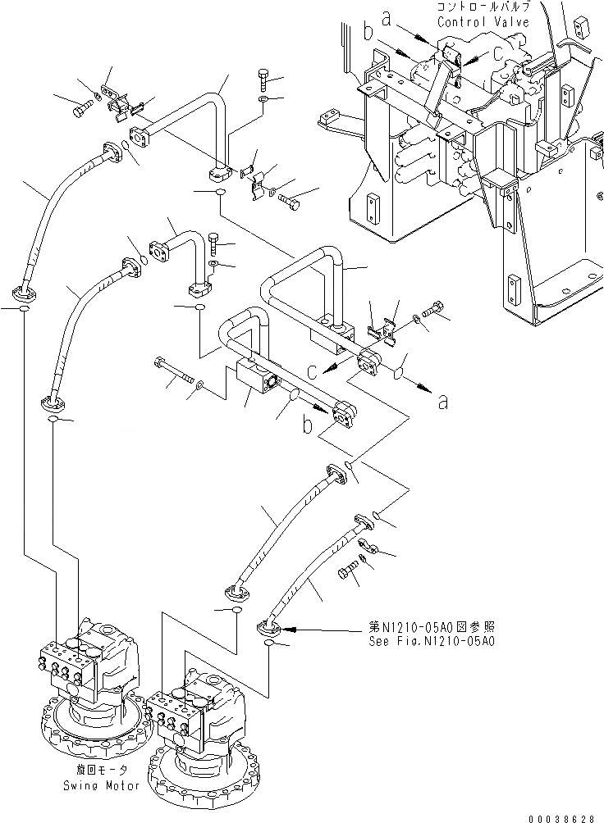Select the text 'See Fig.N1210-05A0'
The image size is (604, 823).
[432, 641]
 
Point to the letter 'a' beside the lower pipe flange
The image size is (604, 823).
[443, 402]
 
